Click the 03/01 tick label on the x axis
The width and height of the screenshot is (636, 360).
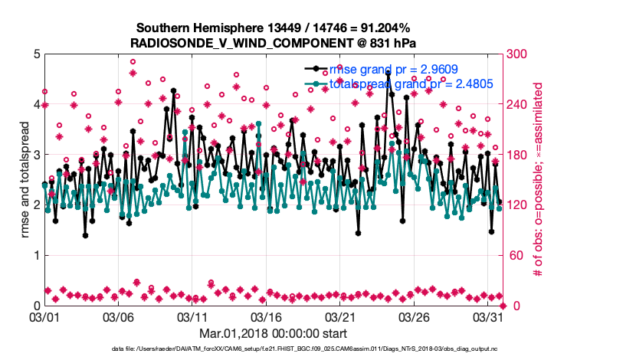point(44,316)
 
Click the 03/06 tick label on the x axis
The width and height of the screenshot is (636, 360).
point(119,316)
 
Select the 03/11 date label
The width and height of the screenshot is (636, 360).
point(193,316)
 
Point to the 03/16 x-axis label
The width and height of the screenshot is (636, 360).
point(267,316)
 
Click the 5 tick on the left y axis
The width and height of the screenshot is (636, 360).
point(36,54)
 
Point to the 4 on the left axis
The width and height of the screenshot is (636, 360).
point(36,104)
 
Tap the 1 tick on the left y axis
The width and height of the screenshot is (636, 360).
point(36,255)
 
